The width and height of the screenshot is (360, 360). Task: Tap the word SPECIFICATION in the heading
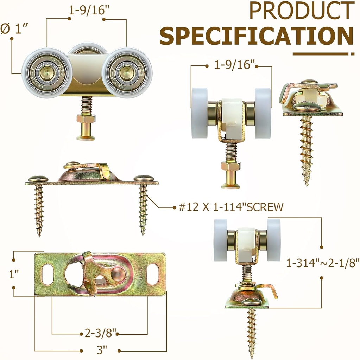click(x=257, y=36)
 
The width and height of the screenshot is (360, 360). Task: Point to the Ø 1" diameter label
click(x=14, y=29)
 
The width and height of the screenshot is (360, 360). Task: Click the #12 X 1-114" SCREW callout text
click(x=231, y=207)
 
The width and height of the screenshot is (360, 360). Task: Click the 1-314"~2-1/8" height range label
click(x=323, y=263)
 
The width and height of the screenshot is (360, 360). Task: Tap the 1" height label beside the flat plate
click(x=14, y=274)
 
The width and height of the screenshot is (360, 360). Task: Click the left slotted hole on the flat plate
click(x=48, y=274)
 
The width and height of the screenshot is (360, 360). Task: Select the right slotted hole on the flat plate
click(x=153, y=274)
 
